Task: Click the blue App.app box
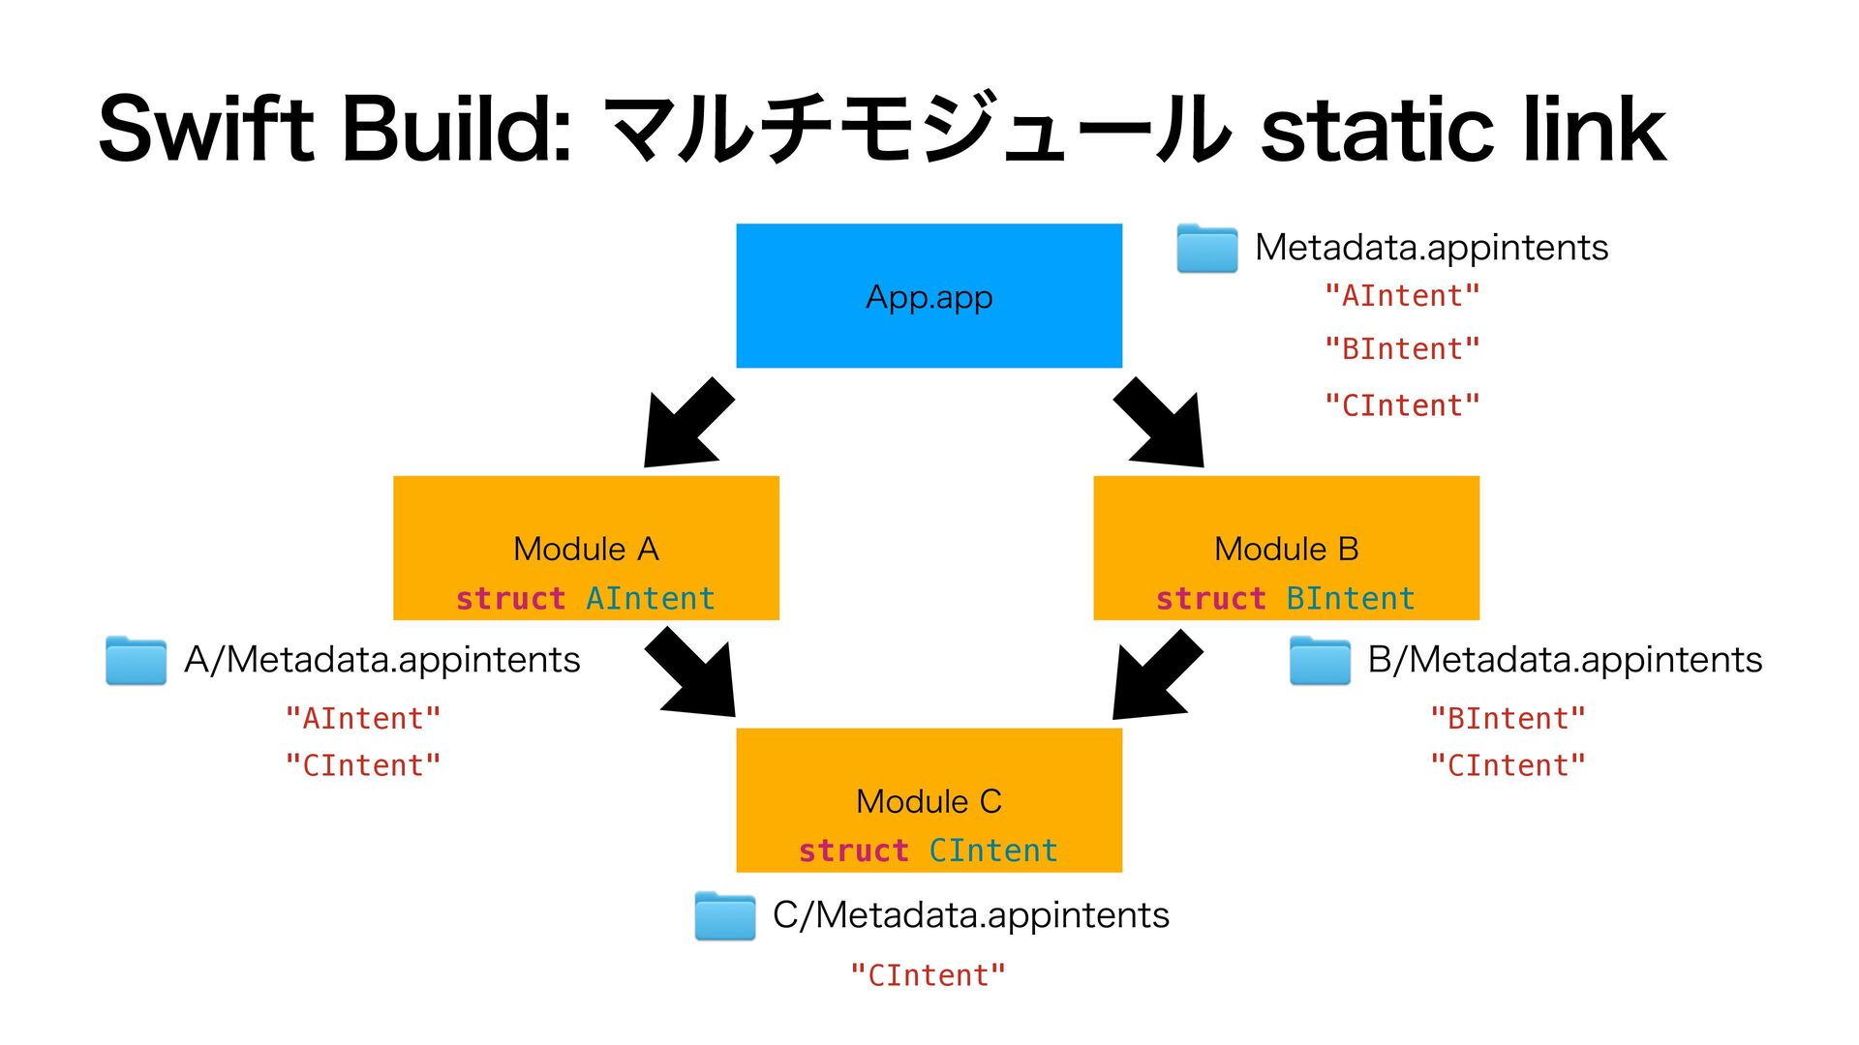(x=929, y=295)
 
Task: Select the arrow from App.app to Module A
(x=688, y=423)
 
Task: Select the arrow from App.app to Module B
(x=1159, y=423)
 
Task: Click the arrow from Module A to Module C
(x=690, y=672)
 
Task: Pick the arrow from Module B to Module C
(x=1158, y=674)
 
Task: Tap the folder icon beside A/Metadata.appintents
(x=136, y=660)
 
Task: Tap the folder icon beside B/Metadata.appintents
(x=1320, y=660)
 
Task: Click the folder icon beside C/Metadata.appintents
(x=725, y=915)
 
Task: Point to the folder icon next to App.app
(x=1206, y=248)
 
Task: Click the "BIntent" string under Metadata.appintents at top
(x=1403, y=348)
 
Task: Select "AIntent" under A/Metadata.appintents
(x=363, y=718)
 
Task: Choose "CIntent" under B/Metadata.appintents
(x=1509, y=765)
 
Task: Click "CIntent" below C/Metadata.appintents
(x=929, y=974)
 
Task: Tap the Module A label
(x=586, y=549)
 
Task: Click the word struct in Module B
(x=1211, y=598)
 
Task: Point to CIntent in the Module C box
(x=993, y=851)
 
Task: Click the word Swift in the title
(x=206, y=128)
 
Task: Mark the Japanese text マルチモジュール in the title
(x=916, y=128)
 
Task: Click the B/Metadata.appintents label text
(x=1565, y=660)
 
